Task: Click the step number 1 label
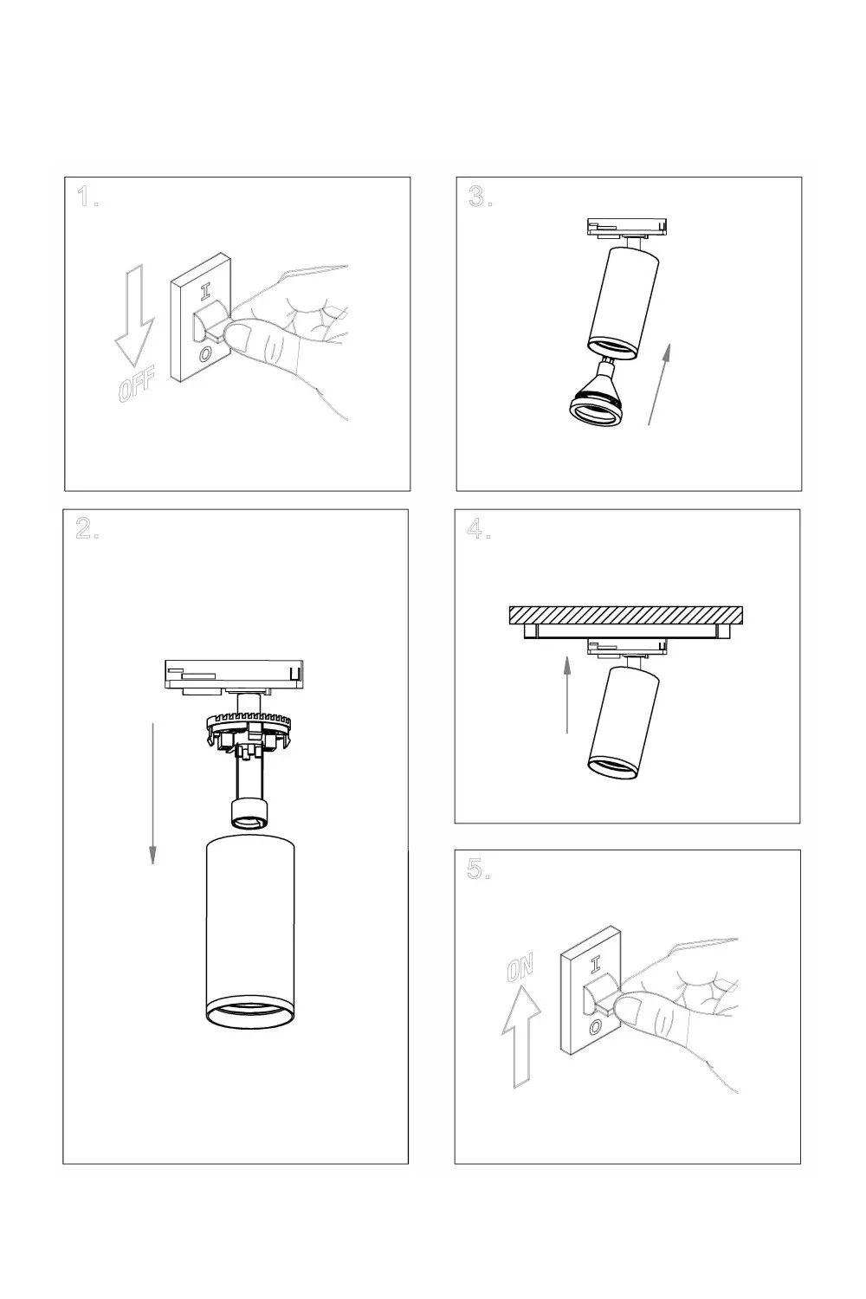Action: point(87,197)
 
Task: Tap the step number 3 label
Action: point(481,197)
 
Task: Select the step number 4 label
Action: point(479,528)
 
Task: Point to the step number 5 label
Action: point(479,869)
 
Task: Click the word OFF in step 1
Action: point(137,385)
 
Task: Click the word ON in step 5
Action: point(520,967)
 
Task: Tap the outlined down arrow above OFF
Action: point(134,315)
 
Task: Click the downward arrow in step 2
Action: point(152,793)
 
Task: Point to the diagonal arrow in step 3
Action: point(660,384)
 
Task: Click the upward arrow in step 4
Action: point(567,695)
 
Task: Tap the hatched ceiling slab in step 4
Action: point(626,615)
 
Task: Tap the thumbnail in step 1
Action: point(238,336)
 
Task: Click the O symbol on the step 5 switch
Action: point(595,1028)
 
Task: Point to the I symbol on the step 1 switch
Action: point(204,292)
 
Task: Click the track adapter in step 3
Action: point(626,227)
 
